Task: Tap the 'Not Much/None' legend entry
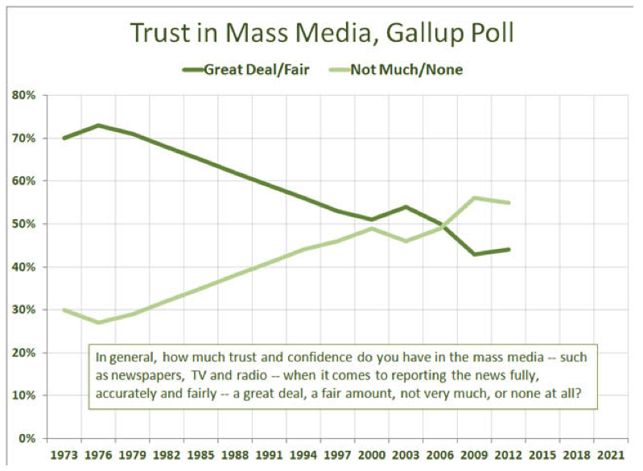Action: pyautogui.click(x=417, y=69)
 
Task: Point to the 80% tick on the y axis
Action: pyautogui.click(x=25, y=95)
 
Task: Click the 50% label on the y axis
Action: pyautogui.click(x=25, y=224)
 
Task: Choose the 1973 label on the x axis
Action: pyautogui.click(x=63, y=455)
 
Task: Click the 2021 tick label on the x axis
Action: pyautogui.click(x=608, y=455)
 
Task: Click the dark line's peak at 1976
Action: pyautogui.click(x=97, y=125)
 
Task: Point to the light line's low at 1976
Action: pyautogui.click(x=97, y=323)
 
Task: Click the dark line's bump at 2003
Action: pyautogui.click(x=405, y=207)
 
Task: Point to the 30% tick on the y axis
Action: pyautogui.click(x=25, y=310)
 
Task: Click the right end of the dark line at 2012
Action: pyautogui.click(x=509, y=250)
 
